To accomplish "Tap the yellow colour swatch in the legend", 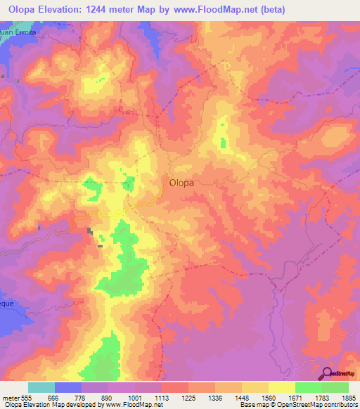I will point(281,387).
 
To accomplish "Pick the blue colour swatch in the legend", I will point(68,387).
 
